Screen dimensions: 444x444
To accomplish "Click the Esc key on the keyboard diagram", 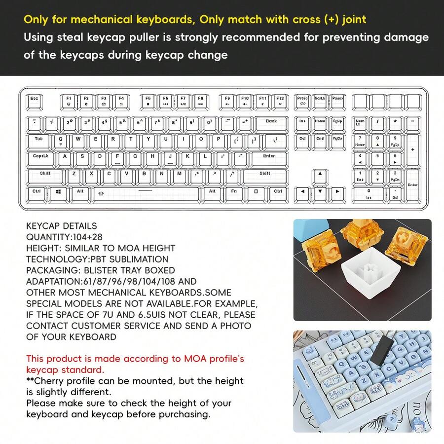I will (x=34, y=102).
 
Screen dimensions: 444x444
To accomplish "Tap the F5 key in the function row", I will (x=148, y=102).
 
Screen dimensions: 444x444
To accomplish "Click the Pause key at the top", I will (x=337, y=102).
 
